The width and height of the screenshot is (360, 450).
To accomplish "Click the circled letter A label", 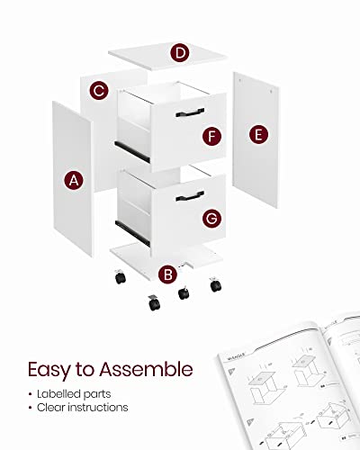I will coord(75,181).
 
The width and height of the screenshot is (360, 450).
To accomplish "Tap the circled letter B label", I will coord(166,274).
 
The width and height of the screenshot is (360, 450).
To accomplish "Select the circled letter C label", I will coord(100,90).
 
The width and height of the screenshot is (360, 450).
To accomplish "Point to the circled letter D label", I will coord(182,53).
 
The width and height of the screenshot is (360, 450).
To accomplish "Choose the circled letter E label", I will coord(258,134).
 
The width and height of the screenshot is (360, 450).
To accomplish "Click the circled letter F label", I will coord(211,136).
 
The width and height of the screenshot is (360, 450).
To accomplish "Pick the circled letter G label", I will coord(211,218).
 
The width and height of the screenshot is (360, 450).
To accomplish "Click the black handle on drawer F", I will coord(190,112).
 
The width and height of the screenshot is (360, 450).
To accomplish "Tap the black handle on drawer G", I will coord(190,194).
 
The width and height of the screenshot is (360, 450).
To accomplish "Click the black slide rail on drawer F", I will coord(121,144).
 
